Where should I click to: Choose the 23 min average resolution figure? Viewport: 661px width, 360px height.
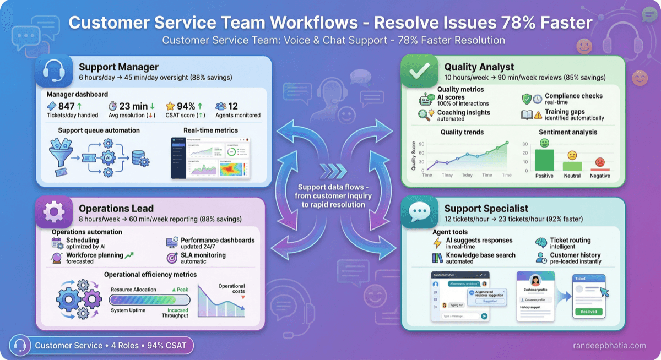click(x=132, y=106)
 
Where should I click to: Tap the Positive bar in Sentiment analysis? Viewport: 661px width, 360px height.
click(x=544, y=160)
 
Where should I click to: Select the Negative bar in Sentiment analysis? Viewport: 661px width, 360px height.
click(x=600, y=169)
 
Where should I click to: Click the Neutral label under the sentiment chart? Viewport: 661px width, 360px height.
click(x=572, y=176)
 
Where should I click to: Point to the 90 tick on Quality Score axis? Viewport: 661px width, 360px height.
click(x=421, y=144)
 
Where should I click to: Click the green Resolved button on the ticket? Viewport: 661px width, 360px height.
click(x=588, y=311)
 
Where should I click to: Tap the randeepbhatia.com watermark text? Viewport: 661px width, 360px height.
click(x=609, y=346)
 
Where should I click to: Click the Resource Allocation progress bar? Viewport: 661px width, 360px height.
click(x=149, y=300)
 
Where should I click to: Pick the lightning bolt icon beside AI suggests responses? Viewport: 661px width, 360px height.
click(x=438, y=243)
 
